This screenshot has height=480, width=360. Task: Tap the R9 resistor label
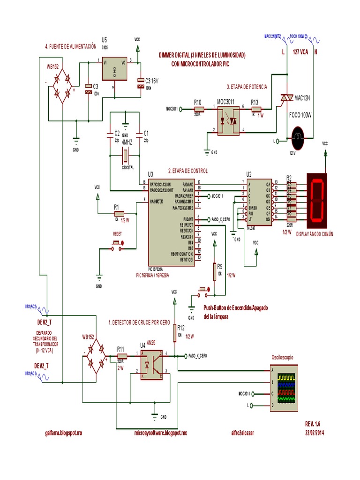219,267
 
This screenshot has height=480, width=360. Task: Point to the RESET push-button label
117,233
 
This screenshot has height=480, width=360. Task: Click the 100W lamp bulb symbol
297,137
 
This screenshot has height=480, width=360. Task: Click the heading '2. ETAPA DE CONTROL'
187,171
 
